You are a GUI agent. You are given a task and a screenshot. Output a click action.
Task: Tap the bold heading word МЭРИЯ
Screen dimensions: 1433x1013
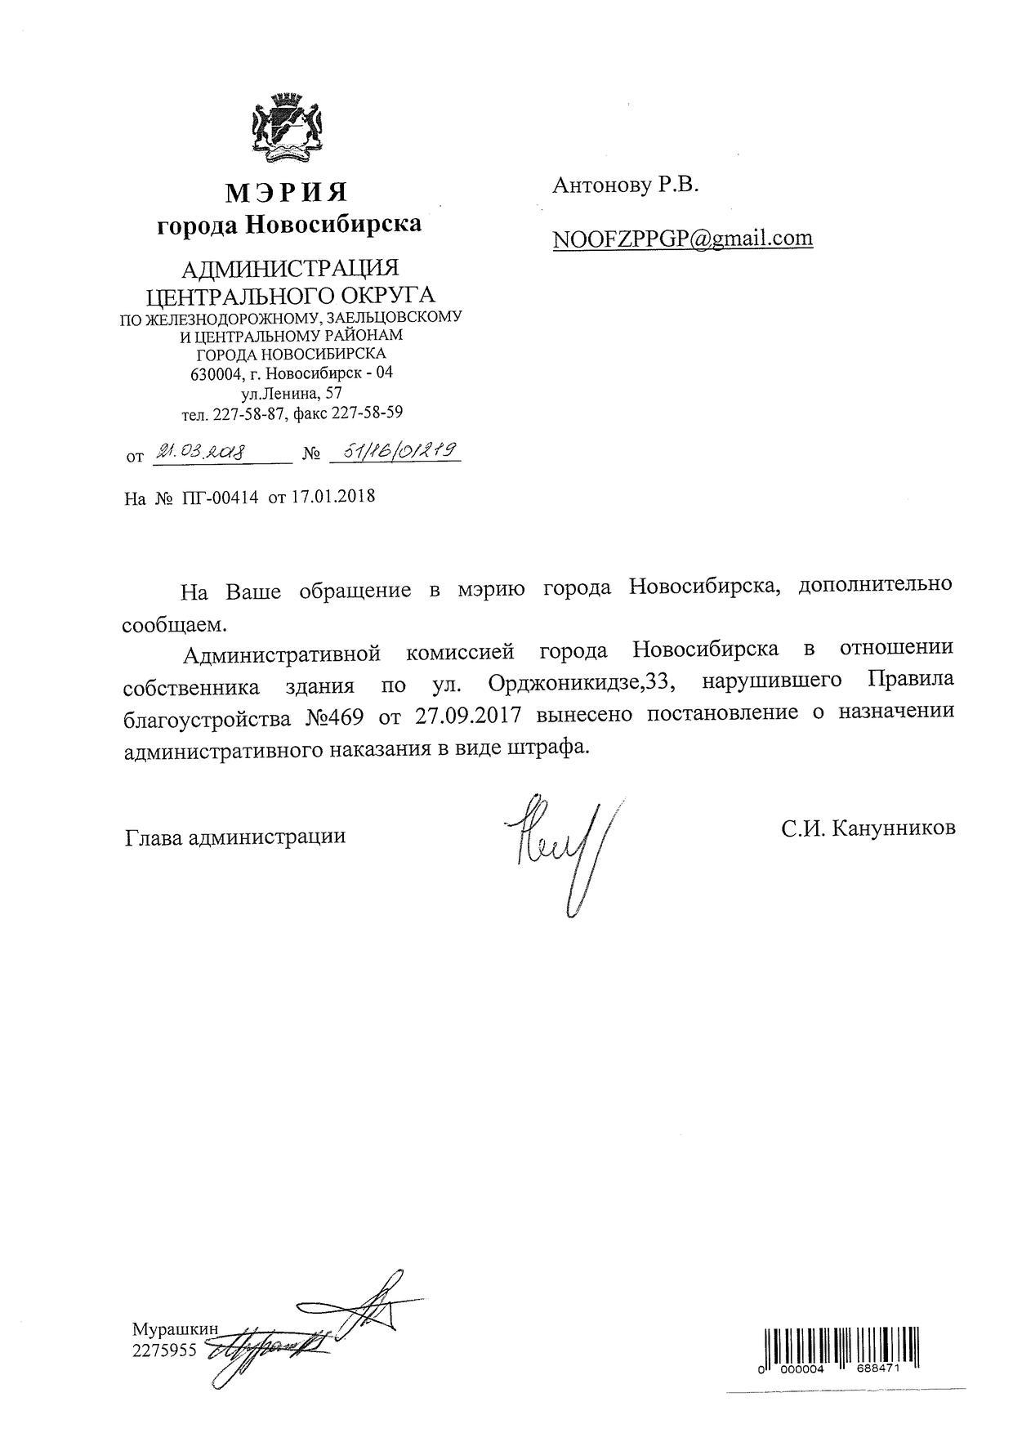[x=288, y=192]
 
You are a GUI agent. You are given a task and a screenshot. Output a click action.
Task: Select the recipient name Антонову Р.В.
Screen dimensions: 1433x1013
[x=626, y=185]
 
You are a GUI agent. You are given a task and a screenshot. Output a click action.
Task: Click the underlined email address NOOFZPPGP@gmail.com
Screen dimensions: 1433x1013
[x=682, y=238]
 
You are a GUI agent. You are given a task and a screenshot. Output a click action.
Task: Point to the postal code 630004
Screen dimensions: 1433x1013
[x=216, y=374]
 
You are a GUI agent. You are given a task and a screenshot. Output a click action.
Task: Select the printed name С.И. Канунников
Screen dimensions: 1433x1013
[x=868, y=828]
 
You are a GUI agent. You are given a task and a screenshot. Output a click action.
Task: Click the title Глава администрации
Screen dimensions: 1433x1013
[x=235, y=836]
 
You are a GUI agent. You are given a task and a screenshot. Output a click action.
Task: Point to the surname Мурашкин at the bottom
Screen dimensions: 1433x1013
[x=175, y=1328]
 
